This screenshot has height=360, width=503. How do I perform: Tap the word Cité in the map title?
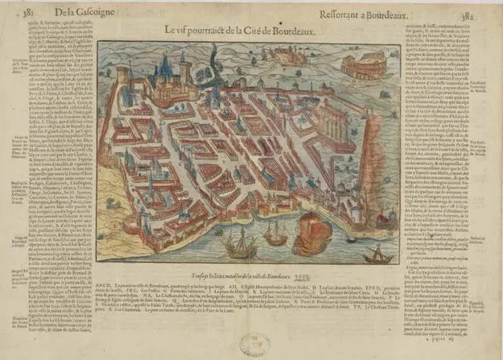(x=258, y=30)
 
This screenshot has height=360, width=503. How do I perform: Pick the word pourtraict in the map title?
(x=205, y=30)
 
